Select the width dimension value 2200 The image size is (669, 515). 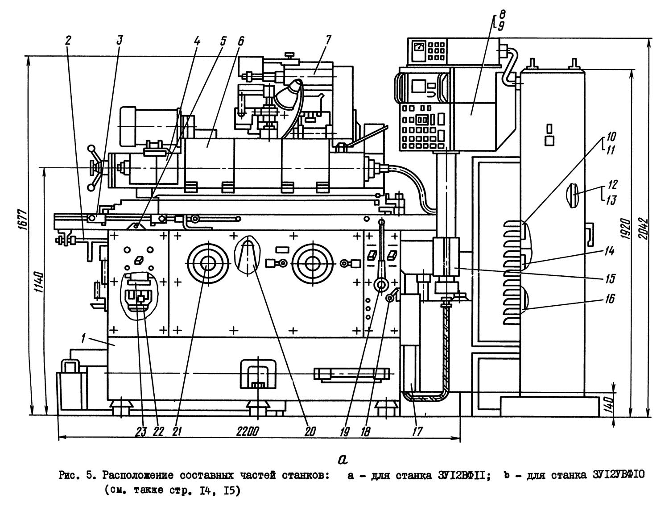click(247, 432)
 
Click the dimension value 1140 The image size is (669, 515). click(39, 283)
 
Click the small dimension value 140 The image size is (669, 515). click(611, 403)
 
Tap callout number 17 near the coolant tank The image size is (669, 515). click(417, 432)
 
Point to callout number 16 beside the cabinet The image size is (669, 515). click(610, 299)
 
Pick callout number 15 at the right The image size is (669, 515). click(610, 279)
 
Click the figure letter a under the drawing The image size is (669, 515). click(343, 459)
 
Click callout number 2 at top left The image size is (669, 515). click(68, 40)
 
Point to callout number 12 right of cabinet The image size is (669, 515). click(612, 184)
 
